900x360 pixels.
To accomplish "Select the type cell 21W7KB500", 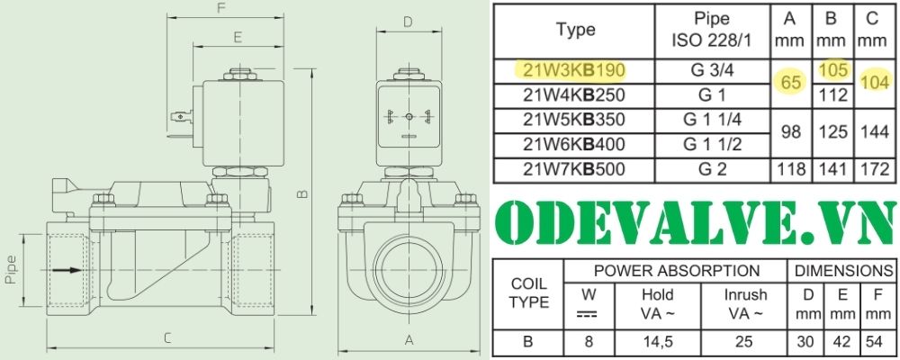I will pyautogui.click(x=575, y=168).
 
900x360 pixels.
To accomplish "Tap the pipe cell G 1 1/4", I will pyautogui.click(x=712, y=120).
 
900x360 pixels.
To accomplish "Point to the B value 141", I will pyautogui.click(x=832, y=168).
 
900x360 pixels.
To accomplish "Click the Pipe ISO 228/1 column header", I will pyautogui.click(x=712, y=30).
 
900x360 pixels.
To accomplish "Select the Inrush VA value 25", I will pyautogui.click(x=745, y=342).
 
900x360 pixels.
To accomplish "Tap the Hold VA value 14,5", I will pyautogui.click(x=657, y=342).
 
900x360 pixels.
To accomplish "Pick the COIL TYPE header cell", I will pyautogui.click(x=529, y=292).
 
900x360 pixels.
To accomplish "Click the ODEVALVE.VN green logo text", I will pyautogui.click(x=695, y=220).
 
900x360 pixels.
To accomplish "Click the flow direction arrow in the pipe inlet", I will pyautogui.click(x=66, y=269).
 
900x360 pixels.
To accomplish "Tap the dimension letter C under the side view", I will pyautogui.click(x=166, y=339).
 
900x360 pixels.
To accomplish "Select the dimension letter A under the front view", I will pyautogui.click(x=408, y=339).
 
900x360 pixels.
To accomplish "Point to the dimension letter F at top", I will pyautogui.click(x=221, y=9).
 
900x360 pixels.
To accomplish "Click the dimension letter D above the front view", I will pyautogui.click(x=407, y=22).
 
